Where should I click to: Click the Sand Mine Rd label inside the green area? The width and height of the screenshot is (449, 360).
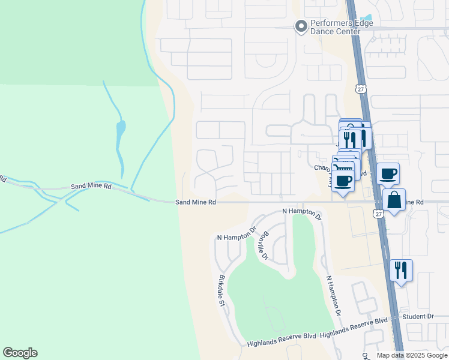tap(91, 187)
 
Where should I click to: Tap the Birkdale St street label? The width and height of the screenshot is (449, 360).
tap(221, 290)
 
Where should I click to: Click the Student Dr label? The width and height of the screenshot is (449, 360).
tap(418, 316)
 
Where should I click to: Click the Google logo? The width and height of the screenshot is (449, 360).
tap(20, 353)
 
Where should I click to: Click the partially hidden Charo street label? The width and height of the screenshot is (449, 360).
tap(323, 168)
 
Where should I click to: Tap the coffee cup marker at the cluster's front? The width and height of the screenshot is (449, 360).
tap(343, 181)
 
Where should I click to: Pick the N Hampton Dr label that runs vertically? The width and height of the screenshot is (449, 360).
tap(332, 296)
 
